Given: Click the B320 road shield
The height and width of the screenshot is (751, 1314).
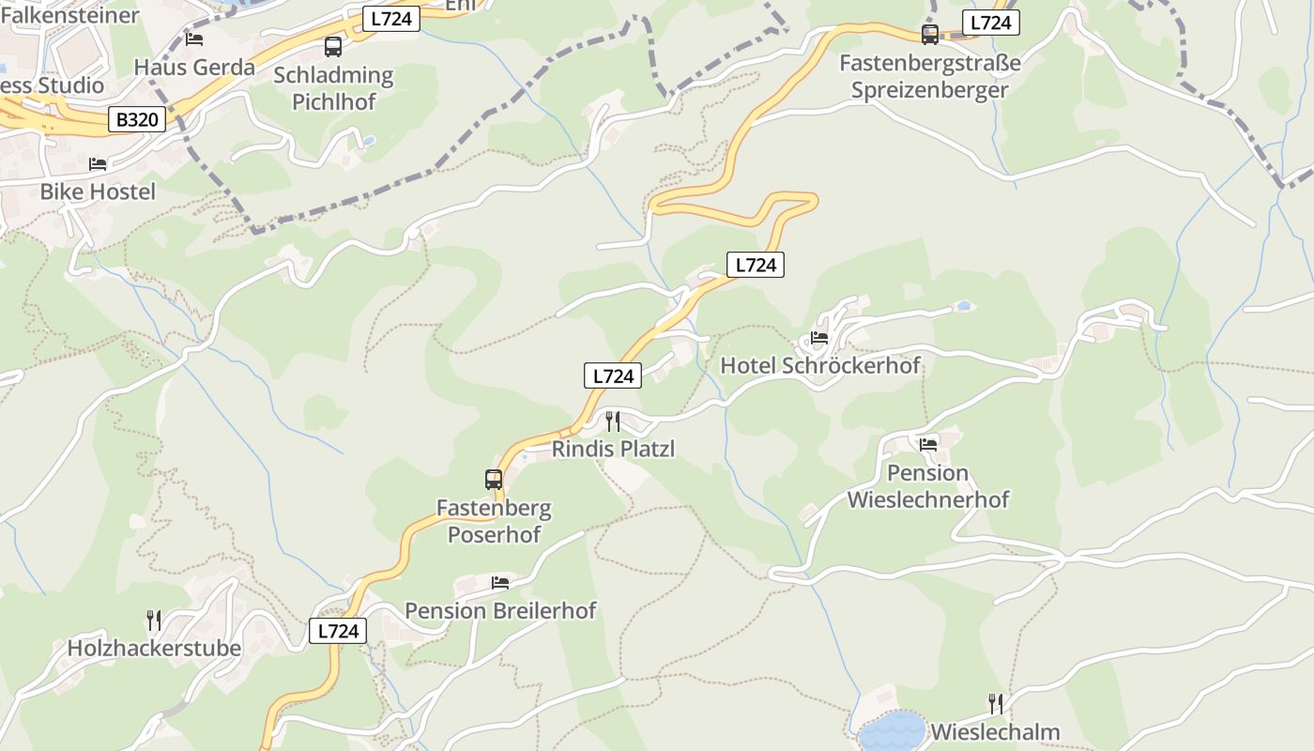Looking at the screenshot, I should pos(137,120).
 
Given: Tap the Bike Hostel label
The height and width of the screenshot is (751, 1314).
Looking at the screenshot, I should pos(98,192).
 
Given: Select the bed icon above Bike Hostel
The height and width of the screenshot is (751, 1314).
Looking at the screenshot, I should pos(98,164).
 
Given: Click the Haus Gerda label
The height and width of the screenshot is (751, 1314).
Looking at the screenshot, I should pos(194,68).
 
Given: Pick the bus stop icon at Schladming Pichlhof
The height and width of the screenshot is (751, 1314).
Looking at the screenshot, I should pos(333,46).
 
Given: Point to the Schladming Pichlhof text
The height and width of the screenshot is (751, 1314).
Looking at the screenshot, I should pos(333,88).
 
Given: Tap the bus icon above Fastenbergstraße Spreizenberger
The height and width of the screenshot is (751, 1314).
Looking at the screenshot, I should pos(930,35).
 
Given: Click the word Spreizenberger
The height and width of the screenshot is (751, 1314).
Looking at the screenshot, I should pos(930,90).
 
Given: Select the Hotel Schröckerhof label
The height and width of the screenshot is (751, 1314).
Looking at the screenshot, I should pos(820,365).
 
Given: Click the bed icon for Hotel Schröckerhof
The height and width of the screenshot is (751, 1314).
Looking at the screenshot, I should pos(819,338).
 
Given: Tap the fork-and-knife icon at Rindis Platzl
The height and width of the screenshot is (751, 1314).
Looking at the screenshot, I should pos(613,421).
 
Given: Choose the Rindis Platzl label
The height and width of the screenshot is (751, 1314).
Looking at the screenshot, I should pos(613,449).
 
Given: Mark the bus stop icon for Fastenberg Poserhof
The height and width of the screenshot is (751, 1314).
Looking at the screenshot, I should pos(494,480).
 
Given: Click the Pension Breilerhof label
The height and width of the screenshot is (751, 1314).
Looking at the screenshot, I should pos(500,611).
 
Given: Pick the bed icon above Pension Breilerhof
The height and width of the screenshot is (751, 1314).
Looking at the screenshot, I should pos(500,583).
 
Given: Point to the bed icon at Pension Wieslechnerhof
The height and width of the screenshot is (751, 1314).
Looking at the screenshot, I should pos(928,444).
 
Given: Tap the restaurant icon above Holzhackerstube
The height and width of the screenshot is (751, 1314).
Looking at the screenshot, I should pos(154,620).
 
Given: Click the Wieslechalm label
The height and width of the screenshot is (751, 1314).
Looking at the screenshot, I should pos(995,732).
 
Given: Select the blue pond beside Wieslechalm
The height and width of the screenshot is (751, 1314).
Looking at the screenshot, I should pos(892,730).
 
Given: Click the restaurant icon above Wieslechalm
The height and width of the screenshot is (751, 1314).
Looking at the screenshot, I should pos(996,703).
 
